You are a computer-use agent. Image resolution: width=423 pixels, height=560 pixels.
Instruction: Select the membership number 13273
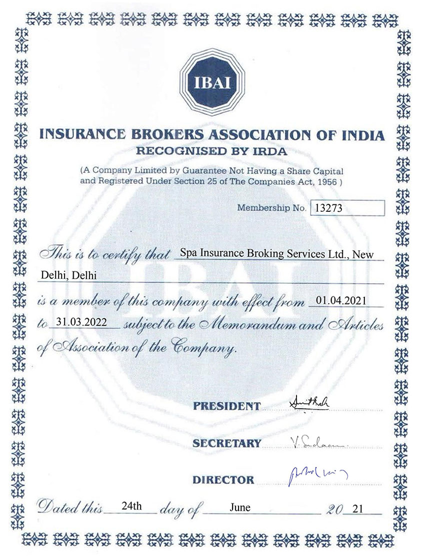point(326,208)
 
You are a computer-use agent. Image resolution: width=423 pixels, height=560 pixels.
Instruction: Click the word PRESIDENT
point(226,406)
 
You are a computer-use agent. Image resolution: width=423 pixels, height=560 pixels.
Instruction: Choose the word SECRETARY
point(226,443)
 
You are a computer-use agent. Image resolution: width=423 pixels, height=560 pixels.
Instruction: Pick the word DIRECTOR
point(223,480)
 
